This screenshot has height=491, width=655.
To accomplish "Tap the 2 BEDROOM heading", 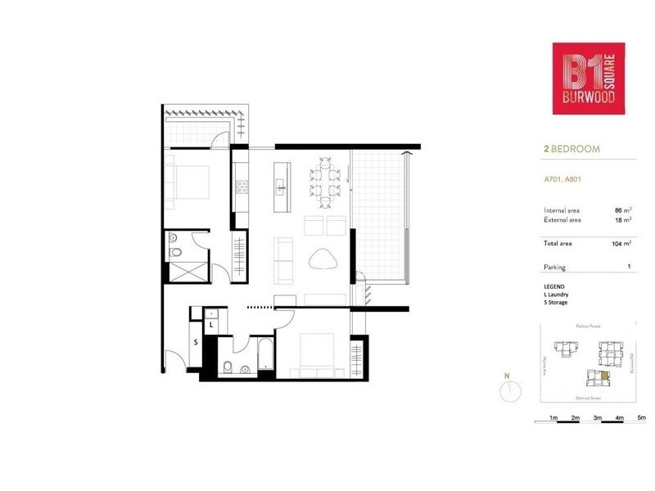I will [x=571, y=150].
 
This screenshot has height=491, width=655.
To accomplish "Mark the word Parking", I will [x=555, y=268].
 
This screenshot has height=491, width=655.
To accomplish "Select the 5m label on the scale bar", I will [x=641, y=418].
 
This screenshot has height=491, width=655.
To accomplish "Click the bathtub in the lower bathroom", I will [x=264, y=358].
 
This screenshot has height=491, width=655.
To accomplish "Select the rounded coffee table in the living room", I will [x=324, y=259].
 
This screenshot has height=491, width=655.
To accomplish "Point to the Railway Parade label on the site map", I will [x=589, y=326].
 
